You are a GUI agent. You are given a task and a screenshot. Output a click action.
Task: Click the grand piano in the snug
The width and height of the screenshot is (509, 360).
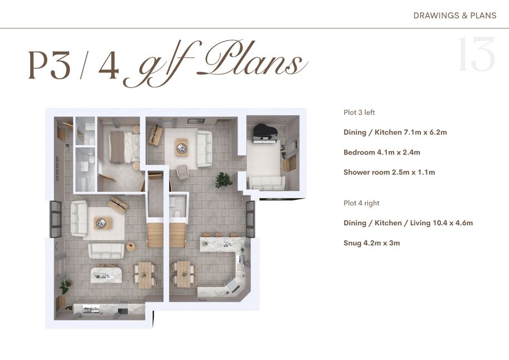coord(265,133)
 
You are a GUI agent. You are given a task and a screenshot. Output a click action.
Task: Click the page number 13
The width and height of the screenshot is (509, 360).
coord(476,54)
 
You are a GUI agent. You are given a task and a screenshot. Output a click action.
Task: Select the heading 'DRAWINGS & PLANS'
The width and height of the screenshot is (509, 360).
coord(455,16)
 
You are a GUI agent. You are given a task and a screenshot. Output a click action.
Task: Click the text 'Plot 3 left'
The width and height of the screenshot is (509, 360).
coord(359,113)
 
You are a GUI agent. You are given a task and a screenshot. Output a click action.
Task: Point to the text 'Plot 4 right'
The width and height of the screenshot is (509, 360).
coord(361,203)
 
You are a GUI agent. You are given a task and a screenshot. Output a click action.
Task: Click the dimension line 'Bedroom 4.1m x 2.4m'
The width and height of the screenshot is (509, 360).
coord(382,152)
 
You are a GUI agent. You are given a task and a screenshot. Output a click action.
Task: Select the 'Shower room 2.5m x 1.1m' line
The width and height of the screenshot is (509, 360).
coord(389,172)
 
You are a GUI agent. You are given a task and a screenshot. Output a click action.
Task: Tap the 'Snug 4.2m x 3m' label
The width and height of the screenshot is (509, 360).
coord(372,243)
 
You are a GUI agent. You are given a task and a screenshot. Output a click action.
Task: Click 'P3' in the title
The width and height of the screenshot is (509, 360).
coord(50,65)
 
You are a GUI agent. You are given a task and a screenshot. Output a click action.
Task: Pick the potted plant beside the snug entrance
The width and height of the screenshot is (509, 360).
coord(224,179)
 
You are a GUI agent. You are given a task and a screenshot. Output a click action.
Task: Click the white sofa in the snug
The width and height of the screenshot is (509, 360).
coord(266,182)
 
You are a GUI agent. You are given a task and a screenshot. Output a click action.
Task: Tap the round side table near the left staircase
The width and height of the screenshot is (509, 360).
coord(131,246)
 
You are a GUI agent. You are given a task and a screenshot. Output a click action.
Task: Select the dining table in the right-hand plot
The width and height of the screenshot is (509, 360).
coord(184,274)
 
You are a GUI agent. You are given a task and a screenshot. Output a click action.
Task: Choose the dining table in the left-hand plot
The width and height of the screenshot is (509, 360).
coord(145,275)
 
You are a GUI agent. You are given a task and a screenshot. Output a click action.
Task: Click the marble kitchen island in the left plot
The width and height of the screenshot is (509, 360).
coord(106,275)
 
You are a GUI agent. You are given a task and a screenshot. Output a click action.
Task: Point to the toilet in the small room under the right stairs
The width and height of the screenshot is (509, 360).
coord(177,214)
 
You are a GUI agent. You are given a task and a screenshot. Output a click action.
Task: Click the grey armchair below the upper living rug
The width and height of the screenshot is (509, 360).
coord(183,172)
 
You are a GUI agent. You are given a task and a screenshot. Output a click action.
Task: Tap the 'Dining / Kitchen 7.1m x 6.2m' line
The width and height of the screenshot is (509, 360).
coord(395,132)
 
